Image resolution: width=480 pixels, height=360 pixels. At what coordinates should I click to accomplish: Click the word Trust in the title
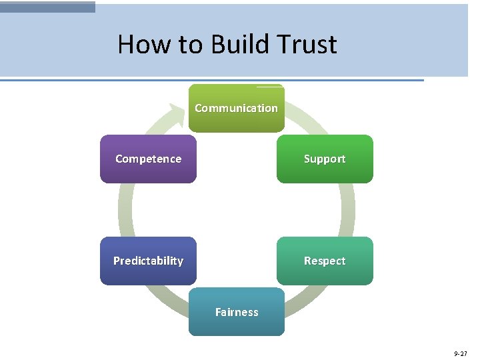[x=307, y=45]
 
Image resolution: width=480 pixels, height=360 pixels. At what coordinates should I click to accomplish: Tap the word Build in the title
[x=241, y=45]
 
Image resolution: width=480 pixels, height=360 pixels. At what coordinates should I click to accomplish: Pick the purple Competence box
[x=148, y=170]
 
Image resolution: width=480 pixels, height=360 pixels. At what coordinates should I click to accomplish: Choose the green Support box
[x=325, y=171]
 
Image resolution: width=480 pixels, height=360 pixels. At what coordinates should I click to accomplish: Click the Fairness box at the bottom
[x=236, y=323]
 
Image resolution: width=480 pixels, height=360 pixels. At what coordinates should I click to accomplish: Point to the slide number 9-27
[x=461, y=353]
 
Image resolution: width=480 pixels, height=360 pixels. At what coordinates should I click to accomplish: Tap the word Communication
[x=236, y=108]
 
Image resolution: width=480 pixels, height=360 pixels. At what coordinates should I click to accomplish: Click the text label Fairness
[x=236, y=312]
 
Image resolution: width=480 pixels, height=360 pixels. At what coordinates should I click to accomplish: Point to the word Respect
[x=325, y=261]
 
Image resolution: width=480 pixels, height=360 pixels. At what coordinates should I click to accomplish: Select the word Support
[x=325, y=159]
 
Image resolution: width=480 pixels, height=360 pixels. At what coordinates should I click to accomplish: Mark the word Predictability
[x=148, y=261]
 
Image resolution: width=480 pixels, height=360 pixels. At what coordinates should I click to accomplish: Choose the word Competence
[x=148, y=159]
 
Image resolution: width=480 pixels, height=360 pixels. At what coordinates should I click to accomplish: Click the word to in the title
[x=190, y=45]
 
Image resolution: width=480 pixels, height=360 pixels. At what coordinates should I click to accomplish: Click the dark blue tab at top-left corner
[x=47, y=7]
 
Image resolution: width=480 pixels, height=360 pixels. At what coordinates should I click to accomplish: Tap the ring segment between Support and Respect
[x=347, y=209]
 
